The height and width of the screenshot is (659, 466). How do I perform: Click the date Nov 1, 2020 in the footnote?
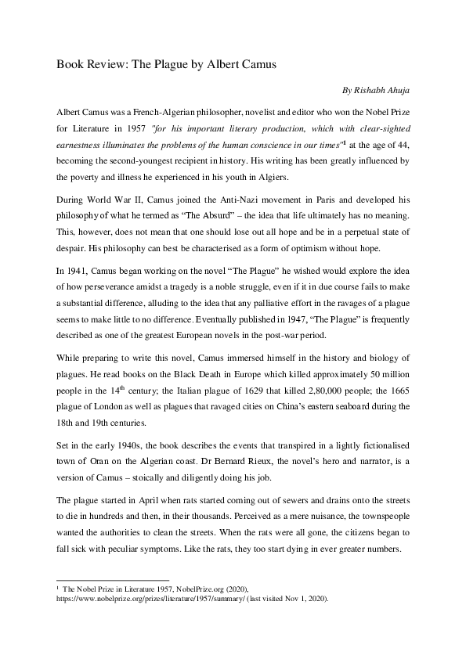point(301,599)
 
